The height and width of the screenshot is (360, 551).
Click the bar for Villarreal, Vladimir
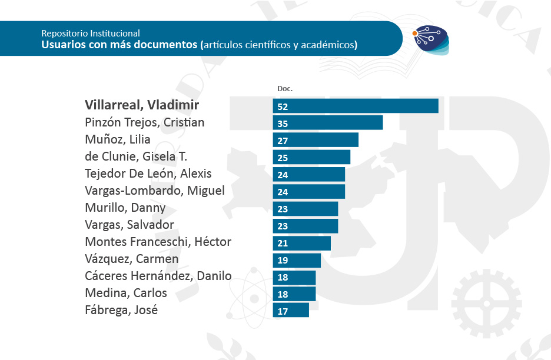click(356, 106)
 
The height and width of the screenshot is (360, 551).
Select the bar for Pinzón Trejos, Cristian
click(328, 123)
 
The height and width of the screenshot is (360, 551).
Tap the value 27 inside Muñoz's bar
click(282, 141)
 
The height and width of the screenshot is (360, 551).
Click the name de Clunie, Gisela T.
click(136, 156)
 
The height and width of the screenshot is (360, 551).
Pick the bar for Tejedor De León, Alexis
click(309, 174)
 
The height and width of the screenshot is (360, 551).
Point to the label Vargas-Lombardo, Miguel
click(155, 191)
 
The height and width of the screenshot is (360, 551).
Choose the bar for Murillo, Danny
click(306, 209)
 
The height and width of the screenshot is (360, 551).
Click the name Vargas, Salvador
click(130, 225)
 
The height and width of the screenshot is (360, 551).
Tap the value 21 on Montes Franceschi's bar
click(282, 243)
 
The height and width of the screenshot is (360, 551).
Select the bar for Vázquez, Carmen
click(297, 260)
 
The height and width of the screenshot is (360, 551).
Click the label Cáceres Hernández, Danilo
click(158, 276)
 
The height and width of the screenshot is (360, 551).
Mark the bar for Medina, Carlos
click(294, 294)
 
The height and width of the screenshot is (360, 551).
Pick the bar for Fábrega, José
click(291, 311)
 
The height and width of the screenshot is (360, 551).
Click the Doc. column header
click(285, 89)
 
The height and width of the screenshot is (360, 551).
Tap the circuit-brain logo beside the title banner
click(430, 39)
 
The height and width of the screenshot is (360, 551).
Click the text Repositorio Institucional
click(91, 34)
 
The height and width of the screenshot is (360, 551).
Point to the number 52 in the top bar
click(283, 107)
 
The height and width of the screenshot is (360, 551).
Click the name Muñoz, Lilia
click(118, 140)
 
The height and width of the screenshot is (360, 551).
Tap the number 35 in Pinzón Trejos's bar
click(283, 124)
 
